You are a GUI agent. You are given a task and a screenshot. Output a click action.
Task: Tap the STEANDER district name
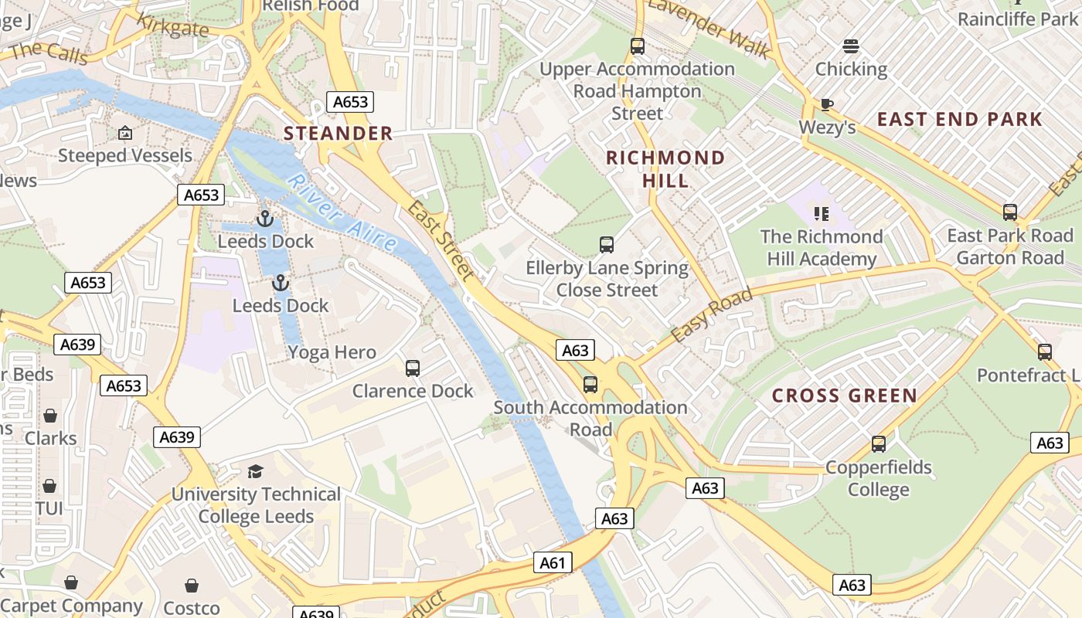(339, 134)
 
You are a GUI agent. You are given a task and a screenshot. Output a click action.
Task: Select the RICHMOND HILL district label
(665, 169)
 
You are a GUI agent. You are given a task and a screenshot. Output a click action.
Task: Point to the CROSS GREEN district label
(845, 396)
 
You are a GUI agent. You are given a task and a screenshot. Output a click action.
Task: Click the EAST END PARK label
(960, 119)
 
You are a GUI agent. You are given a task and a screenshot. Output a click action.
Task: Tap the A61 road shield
(553, 563)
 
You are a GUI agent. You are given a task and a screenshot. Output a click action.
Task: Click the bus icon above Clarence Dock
(413, 368)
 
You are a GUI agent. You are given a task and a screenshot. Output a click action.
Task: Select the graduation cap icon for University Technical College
(255, 471)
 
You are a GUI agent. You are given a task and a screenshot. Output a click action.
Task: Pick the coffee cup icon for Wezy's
(827, 104)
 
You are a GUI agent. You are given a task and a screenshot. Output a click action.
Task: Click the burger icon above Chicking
(851, 46)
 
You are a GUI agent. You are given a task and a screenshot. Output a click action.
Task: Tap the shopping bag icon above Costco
(192, 586)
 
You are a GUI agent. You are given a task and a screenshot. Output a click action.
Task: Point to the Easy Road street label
(711, 315)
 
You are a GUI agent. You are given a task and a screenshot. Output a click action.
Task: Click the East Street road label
(441, 240)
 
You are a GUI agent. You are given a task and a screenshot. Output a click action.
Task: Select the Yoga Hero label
(332, 353)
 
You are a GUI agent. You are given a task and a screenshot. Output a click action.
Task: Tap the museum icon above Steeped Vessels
(125, 133)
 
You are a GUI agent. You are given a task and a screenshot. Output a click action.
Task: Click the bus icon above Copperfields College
(878, 444)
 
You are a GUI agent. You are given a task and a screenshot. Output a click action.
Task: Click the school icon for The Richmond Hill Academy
(821, 213)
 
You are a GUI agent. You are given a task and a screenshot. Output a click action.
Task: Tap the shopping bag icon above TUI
(49, 486)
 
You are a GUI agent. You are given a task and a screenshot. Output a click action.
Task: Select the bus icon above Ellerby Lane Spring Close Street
(607, 245)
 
